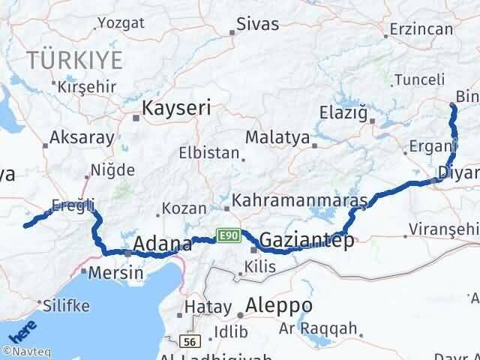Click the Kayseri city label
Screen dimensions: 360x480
coord(176,108)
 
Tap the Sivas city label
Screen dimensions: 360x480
coord(256,24)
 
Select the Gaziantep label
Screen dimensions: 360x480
coord(306,241)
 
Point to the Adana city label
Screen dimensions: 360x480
coord(162,244)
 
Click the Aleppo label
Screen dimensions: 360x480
coord(280,307)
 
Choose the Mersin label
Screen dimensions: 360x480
coord(115,272)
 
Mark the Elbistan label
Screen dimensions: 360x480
coord(208,152)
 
